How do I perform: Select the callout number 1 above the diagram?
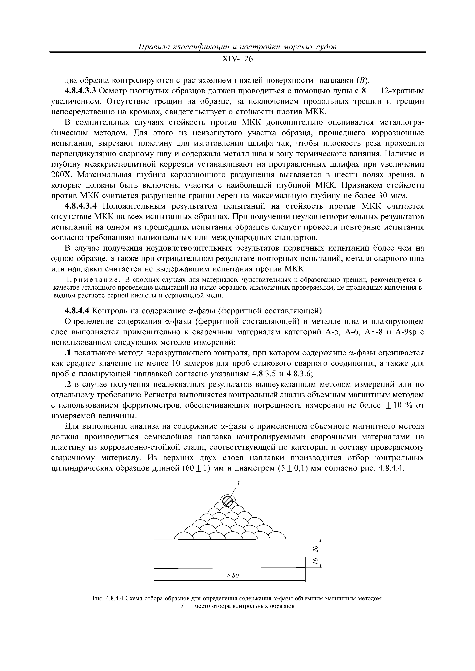(x=238, y=484)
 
